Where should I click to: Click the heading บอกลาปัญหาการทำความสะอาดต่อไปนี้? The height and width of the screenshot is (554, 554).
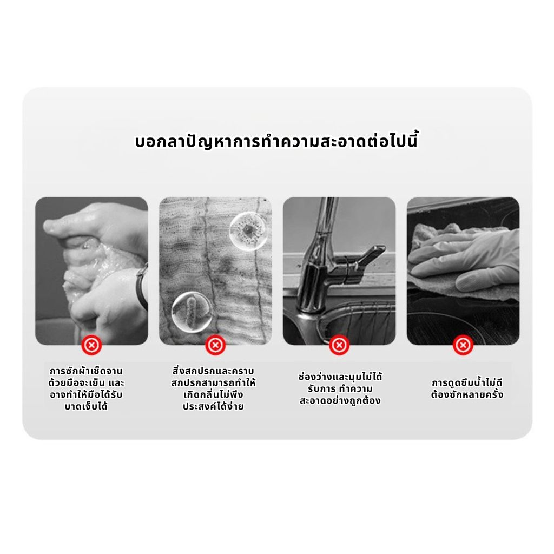click(x=276, y=140)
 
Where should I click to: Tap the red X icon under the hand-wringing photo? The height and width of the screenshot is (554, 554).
click(x=91, y=345)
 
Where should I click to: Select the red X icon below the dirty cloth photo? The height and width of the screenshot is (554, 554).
click(x=215, y=345)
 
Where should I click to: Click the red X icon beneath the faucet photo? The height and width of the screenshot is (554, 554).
click(x=339, y=345)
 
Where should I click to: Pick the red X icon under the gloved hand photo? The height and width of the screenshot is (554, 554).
click(x=463, y=345)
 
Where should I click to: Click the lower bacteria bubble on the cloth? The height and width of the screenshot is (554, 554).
click(x=192, y=312)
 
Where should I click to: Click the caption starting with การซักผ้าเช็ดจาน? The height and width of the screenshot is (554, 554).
click(x=86, y=388)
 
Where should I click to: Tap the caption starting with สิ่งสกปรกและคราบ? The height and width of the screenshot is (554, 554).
click(x=213, y=388)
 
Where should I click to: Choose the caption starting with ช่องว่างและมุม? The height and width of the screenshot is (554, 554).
click(x=340, y=388)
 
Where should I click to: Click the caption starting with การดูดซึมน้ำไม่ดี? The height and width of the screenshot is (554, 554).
click(x=467, y=388)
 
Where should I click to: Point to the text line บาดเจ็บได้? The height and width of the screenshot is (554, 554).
click(x=86, y=406)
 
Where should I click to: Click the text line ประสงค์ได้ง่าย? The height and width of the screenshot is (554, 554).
click(x=213, y=406)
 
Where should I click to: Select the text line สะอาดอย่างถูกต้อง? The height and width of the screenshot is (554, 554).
click(x=340, y=401)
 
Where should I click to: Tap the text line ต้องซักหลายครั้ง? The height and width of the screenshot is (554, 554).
click(x=467, y=394)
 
